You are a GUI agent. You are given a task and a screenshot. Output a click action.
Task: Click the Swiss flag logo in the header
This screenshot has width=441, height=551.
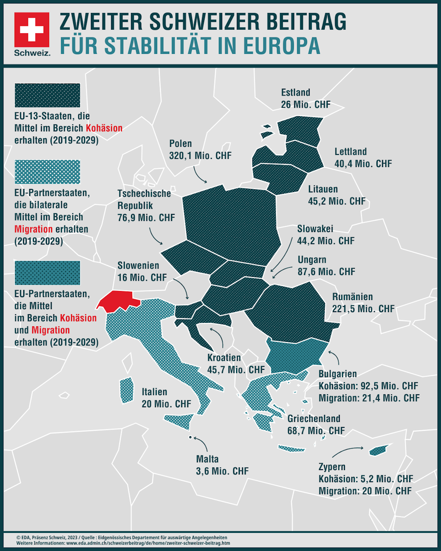(32, 30)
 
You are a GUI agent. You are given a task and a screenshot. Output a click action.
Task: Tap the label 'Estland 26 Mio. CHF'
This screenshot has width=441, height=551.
(305, 99)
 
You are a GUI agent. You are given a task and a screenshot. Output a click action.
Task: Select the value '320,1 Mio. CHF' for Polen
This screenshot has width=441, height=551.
(200, 155)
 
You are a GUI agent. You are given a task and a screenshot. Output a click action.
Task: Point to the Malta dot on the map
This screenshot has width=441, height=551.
(190, 437)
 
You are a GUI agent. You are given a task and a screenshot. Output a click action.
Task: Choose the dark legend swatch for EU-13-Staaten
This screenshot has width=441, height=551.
(47, 95)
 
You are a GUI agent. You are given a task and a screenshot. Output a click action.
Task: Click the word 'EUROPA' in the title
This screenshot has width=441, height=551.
(282, 46)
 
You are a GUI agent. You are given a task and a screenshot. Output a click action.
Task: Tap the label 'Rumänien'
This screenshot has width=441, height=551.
(352, 297)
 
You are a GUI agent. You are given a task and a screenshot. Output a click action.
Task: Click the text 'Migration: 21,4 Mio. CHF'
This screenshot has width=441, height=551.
(369, 398)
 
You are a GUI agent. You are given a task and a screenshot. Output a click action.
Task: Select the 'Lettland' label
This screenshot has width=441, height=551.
(351, 152)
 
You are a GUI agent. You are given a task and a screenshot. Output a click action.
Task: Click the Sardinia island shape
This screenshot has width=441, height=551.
(126, 390)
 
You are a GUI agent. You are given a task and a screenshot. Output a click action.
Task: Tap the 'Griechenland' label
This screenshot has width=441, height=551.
(314, 418)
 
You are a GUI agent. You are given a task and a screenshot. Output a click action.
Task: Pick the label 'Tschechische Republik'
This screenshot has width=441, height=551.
(144, 199)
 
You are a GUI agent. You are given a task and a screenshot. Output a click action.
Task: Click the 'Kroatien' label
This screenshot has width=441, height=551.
(224, 357)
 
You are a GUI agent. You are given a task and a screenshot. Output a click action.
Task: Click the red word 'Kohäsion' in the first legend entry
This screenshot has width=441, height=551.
(104, 128)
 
